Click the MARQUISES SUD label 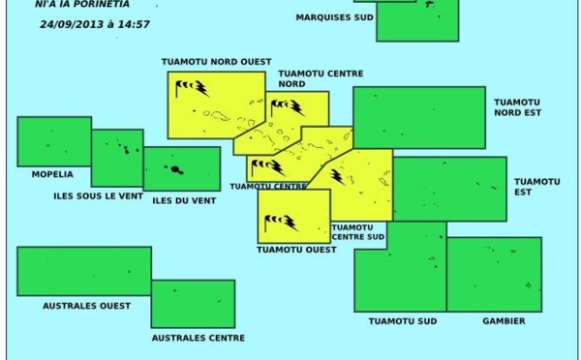click(x=335, y=17)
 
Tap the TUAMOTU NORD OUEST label click(x=216, y=61)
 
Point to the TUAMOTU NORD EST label click(x=517, y=107)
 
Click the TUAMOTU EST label click(x=536, y=186)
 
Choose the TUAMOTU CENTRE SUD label click(x=357, y=232)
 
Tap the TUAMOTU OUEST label click(x=296, y=250)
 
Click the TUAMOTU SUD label click(x=402, y=321)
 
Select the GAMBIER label click(x=503, y=321)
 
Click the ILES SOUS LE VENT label click(x=99, y=196)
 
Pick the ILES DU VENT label click(x=184, y=200)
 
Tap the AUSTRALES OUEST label click(x=87, y=306)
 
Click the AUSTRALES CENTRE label click(x=198, y=338)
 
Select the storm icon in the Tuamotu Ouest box click(x=281, y=224)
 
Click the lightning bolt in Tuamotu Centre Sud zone click(x=337, y=175)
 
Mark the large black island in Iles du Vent click(x=177, y=169)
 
